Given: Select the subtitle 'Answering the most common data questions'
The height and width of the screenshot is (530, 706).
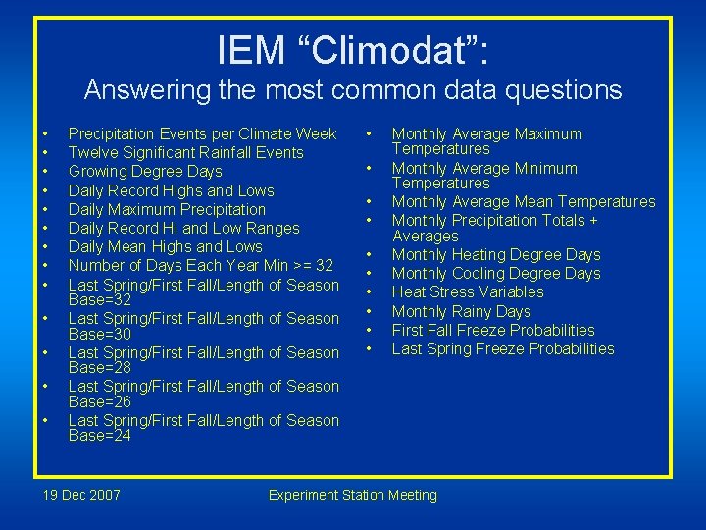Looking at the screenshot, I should coord(353,90).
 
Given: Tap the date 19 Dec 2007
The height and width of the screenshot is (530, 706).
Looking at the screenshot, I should coord(82,495).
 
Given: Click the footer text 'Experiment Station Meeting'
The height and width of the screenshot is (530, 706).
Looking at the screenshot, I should coord(353,495).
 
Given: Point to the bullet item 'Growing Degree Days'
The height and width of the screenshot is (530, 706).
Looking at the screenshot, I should coord(145,172).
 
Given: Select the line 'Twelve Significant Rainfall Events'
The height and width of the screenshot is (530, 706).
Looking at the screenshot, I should coord(186,153).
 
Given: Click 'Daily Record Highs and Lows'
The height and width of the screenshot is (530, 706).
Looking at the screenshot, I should coord(172,190).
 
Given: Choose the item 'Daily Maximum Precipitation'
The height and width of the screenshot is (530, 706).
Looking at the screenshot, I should coord(167,209).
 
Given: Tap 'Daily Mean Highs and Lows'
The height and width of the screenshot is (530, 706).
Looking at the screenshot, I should coord(166,247).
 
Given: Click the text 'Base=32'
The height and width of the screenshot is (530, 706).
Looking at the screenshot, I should coord(100,300).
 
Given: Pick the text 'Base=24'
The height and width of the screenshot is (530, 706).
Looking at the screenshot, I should coord(100,436).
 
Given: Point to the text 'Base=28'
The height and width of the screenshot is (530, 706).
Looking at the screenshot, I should coord(100,368).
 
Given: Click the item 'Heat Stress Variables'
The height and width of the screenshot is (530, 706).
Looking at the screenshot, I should coord(468,292).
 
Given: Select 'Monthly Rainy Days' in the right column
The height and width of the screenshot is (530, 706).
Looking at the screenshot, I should coord(461,311).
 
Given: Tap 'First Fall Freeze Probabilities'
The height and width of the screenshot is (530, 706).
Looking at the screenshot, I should coord(493,330).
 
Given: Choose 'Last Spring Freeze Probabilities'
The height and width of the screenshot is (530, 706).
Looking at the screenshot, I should coord(503,349).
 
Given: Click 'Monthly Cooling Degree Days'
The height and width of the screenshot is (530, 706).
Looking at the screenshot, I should coord(496,274).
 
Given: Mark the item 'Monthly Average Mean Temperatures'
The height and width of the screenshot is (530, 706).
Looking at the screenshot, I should coord(524,202).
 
